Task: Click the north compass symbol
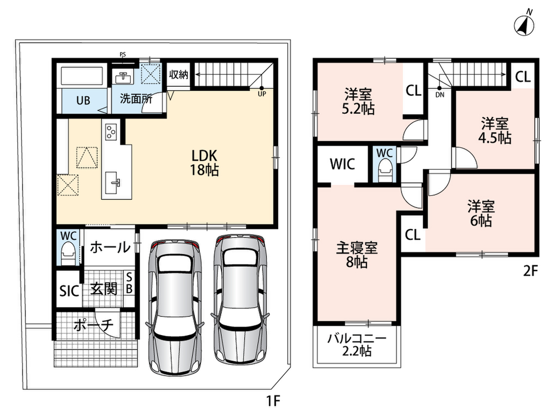(x=525, y=25)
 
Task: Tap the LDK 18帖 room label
(x=204, y=163)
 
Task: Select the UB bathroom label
(x=83, y=100)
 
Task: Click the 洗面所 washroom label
(x=136, y=99)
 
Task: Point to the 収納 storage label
(x=179, y=74)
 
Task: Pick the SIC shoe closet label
(x=69, y=291)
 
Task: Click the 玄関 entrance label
(x=104, y=289)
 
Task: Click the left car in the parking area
(x=175, y=307)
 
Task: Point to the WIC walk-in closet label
(x=342, y=164)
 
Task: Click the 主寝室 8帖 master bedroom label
(x=357, y=255)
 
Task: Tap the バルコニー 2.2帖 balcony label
(x=357, y=345)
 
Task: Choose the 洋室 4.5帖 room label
(x=494, y=131)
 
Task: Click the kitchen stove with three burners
(x=111, y=131)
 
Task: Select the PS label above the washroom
(x=122, y=54)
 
